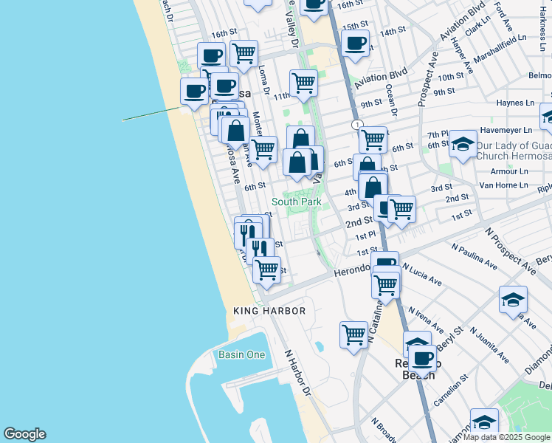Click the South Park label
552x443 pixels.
(x=297, y=202)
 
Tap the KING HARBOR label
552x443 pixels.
(x=269, y=311)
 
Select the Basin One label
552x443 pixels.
(x=241, y=354)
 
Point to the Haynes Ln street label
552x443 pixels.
(x=514, y=103)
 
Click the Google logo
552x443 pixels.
(x=24, y=434)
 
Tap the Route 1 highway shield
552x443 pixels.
(x=357, y=125)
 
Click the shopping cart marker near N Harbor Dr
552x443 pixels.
(x=354, y=334)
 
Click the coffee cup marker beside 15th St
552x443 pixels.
(x=355, y=44)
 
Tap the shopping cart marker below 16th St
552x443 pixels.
(x=244, y=53)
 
